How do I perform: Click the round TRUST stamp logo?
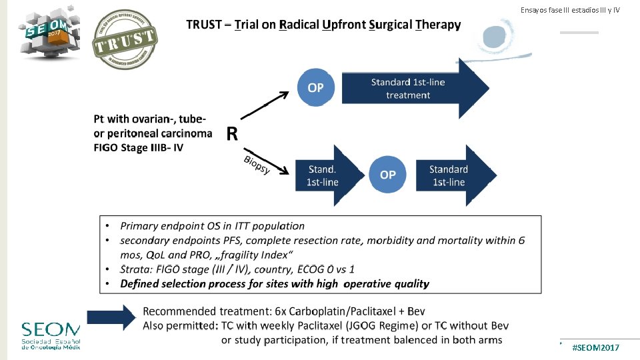pos(124,39)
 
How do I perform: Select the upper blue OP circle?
pos(315,88)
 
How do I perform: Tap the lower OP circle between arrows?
pos(387,175)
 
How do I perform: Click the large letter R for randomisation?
pos(232,135)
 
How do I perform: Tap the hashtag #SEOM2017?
pos(595,349)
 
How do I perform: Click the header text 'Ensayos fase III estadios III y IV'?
pos(570,10)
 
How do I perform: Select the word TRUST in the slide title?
pos(205,25)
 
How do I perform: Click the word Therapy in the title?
pos(438,25)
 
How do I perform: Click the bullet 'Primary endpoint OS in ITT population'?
pos(212,226)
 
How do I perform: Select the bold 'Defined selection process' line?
pos(275,283)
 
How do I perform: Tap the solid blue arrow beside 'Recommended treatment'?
pos(111,317)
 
